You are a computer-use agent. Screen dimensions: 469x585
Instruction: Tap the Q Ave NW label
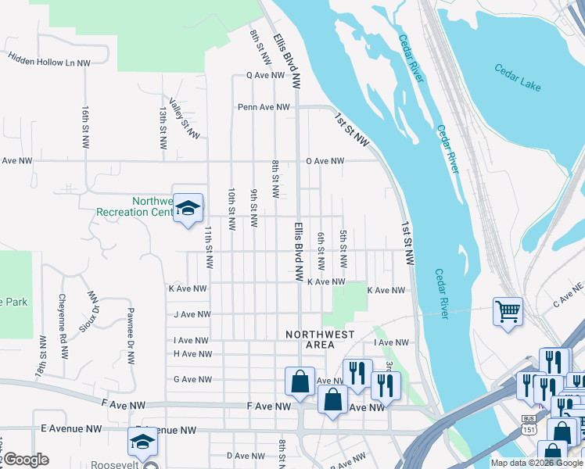point(265,76)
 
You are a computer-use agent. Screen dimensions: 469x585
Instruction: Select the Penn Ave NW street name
point(264,107)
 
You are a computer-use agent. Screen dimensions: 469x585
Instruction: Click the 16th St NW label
point(85,127)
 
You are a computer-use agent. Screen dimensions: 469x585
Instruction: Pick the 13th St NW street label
point(163,129)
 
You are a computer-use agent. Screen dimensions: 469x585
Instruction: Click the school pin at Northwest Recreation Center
point(188,208)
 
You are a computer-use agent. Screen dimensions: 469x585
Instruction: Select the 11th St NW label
point(209,247)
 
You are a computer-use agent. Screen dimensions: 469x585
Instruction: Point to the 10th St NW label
point(232,209)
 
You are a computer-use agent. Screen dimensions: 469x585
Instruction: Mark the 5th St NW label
point(343,247)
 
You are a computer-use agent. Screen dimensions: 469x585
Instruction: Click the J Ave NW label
point(192,314)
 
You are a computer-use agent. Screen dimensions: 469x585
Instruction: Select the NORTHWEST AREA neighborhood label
point(320,339)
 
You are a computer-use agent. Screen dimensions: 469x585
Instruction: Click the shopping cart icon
point(508,311)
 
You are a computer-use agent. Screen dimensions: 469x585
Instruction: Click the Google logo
point(25,460)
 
